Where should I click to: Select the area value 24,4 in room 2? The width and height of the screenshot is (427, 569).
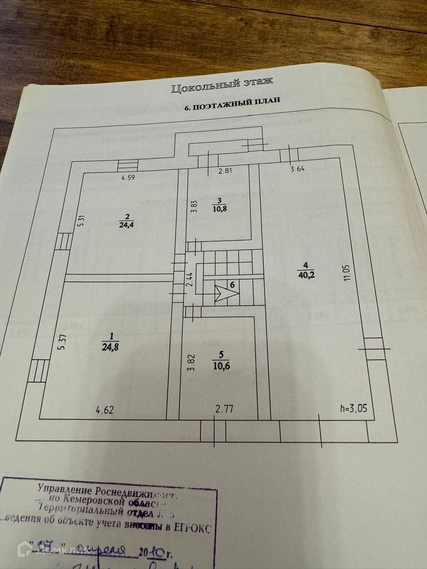coord(127,224)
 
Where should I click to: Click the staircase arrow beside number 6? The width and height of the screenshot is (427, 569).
coord(225,292)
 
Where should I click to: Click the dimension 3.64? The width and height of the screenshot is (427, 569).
coord(298,169)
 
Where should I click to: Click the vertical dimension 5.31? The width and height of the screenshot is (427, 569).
coord(81,221)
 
